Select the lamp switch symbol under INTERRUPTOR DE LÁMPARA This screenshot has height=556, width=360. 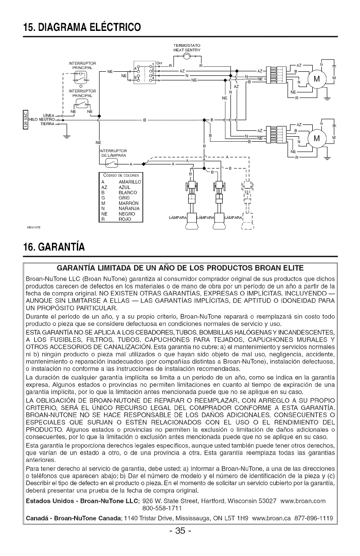click(x=111, y=164)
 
